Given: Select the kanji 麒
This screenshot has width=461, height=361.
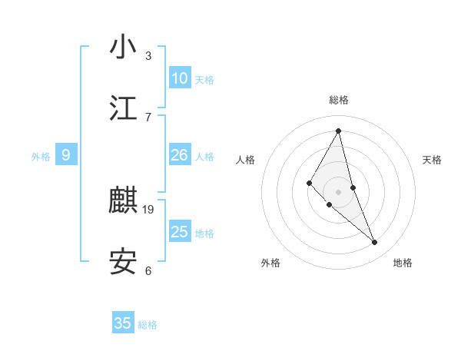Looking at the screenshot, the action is tap(123, 201).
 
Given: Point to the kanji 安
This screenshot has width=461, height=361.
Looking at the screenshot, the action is tap(123, 262).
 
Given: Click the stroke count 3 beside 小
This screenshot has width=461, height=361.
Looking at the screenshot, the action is tap(148, 56).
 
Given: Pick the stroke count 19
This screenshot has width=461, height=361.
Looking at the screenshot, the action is tap(149, 209).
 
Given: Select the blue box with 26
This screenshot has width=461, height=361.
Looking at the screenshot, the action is tap(180, 155).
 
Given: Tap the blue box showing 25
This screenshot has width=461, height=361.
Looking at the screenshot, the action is tap(180, 232).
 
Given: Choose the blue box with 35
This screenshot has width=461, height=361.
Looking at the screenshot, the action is tap(123, 323).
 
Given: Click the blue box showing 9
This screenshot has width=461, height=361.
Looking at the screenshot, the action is tap(66, 155).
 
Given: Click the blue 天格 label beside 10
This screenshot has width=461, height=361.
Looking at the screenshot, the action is tap(204, 79).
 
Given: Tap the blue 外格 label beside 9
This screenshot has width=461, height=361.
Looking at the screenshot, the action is tap(41, 157).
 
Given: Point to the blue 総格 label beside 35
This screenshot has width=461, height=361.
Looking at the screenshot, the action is tap(148, 325).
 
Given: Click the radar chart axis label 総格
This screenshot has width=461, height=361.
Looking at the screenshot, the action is tap(339, 100).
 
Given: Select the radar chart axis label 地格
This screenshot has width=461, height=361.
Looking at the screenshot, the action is tap(403, 263).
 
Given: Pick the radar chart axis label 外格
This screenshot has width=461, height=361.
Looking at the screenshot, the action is tap(270, 263).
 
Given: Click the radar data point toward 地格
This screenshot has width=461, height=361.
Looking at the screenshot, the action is tap(375, 242).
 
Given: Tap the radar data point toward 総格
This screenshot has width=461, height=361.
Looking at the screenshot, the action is tap(339, 130).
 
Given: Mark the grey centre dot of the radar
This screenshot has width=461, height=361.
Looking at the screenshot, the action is tap(339, 191).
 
